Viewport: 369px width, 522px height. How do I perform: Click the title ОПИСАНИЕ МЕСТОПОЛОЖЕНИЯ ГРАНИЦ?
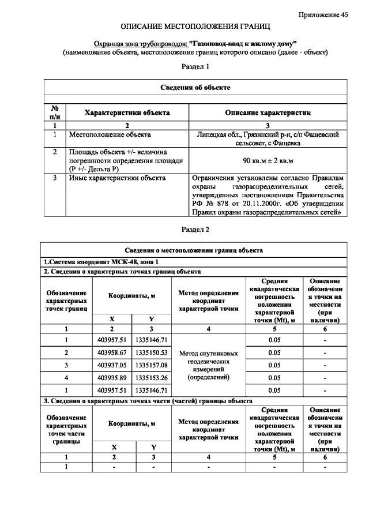point(195,27)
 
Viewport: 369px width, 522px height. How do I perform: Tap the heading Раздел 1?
point(195,67)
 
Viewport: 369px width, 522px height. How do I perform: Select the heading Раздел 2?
point(195,229)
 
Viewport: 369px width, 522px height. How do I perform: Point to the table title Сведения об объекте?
point(195,87)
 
